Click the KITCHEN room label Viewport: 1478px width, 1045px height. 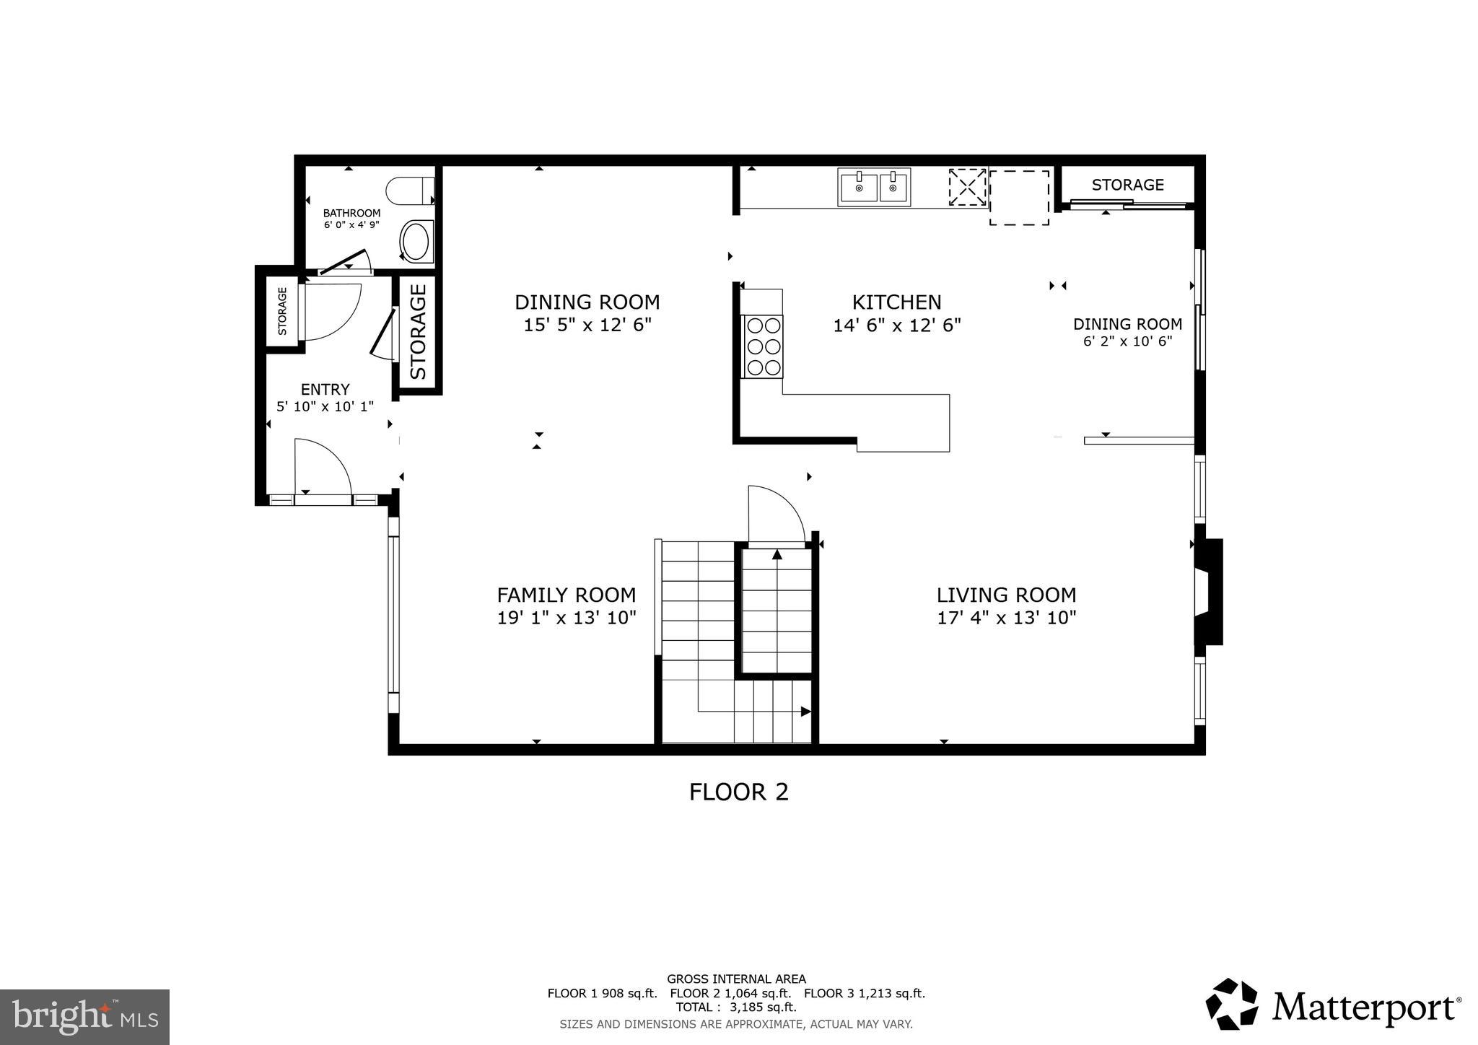click(896, 302)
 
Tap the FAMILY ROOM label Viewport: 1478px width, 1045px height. click(566, 595)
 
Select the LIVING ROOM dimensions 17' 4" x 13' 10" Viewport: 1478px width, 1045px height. click(1006, 618)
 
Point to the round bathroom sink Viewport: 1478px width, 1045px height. click(416, 242)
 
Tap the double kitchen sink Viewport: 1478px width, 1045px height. click(874, 187)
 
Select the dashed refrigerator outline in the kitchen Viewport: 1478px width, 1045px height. click(1018, 197)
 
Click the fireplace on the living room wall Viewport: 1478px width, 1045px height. click(1209, 591)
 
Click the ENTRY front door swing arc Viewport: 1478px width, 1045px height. click(323, 466)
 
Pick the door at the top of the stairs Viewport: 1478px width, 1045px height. click(776, 516)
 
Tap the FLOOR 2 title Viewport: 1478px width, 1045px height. click(738, 792)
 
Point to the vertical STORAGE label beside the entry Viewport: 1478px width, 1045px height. click(419, 331)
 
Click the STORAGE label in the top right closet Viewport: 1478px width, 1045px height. click(1127, 185)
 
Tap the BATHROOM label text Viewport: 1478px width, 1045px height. click(351, 213)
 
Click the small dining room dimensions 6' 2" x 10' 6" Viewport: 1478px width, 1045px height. click(1127, 341)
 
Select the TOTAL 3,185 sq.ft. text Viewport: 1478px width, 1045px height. click(735, 1007)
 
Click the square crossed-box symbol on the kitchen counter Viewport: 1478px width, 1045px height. click(967, 187)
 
